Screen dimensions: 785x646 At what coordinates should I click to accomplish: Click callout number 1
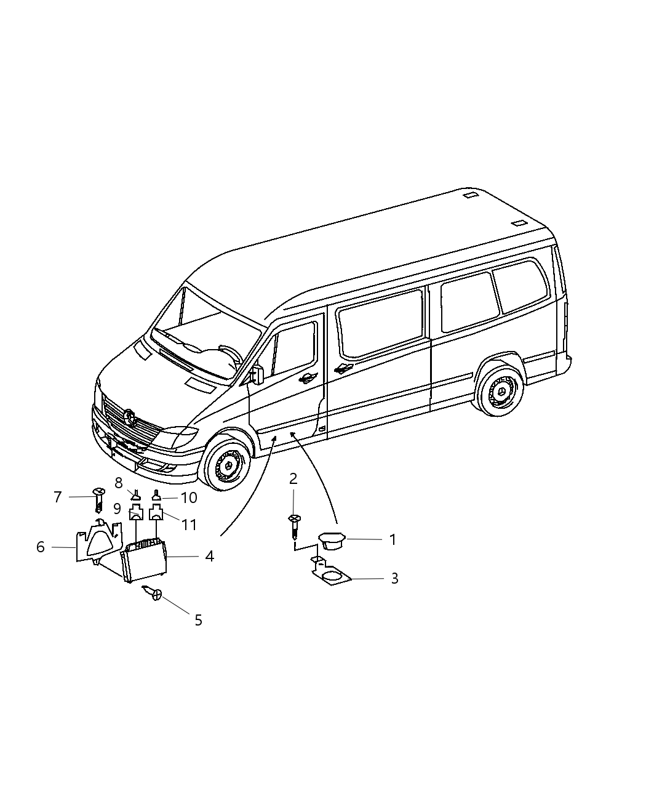pyautogui.click(x=392, y=540)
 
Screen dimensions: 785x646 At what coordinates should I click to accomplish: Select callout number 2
pyautogui.click(x=293, y=478)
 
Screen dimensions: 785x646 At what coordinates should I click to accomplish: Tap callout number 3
pyautogui.click(x=394, y=579)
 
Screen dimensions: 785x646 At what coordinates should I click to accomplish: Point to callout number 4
pyautogui.click(x=209, y=557)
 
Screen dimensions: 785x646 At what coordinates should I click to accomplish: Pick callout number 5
pyautogui.click(x=198, y=620)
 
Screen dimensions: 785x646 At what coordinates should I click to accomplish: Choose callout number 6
pyautogui.click(x=41, y=547)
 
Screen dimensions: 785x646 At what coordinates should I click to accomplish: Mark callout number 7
pyautogui.click(x=58, y=497)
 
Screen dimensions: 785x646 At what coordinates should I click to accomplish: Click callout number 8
pyautogui.click(x=119, y=483)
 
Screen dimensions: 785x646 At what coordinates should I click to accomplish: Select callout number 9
pyautogui.click(x=117, y=510)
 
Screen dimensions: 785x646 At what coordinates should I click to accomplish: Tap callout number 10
pyautogui.click(x=189, y=497)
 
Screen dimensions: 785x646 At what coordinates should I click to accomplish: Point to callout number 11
pyautogui.click(x=189, y=525)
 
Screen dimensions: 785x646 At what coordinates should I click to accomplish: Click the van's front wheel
pyautogui.click(x=228, y=463)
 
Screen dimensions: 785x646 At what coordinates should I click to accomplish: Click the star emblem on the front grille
pyautogui.click(x=130, y=417)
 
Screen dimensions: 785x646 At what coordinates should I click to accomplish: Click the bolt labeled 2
pyautogui.click(x=294, y=526)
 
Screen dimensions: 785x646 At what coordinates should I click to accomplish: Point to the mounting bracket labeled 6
pyautogui.click(x=97, y=542)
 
